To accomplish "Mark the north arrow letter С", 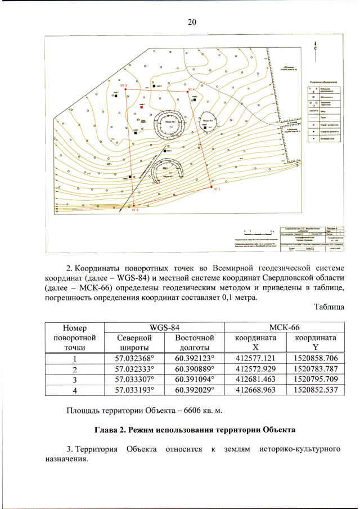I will (x=315, y=49).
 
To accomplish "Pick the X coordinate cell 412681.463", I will (x=256, y=379).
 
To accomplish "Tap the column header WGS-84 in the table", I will (x=164, y=326).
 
